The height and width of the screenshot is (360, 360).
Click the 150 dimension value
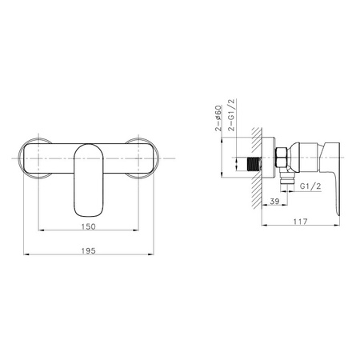coord(88,226)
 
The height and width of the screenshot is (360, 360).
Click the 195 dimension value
coord(88,251)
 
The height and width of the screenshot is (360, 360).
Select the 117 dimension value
coord(300,222)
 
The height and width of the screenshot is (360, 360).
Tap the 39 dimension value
coord(274,201)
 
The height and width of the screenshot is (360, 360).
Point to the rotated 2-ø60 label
coord(218,118)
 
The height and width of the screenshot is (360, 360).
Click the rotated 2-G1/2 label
coord(232,115)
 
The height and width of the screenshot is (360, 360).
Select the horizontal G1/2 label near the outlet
coord(310,186)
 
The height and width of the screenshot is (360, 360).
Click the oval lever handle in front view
coord(88,180)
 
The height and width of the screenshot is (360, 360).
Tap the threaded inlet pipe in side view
coord(254,164)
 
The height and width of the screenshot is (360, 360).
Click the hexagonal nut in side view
coord(281,158)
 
